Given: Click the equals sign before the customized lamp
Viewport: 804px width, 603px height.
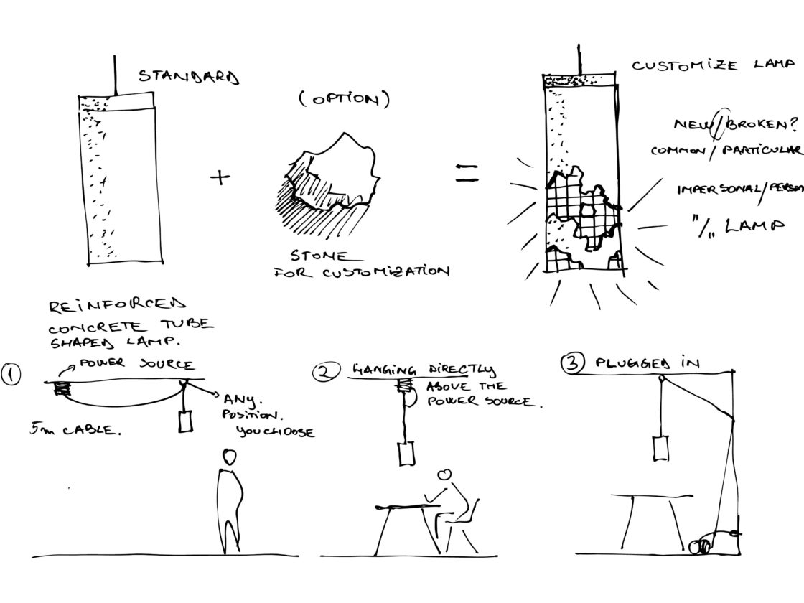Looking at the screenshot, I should point(466,173).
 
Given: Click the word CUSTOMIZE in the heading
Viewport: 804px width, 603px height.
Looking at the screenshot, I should point(674,65).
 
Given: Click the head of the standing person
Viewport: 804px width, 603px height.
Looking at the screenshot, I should point(230,457).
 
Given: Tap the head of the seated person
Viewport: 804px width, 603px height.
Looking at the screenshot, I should point(446,475).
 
